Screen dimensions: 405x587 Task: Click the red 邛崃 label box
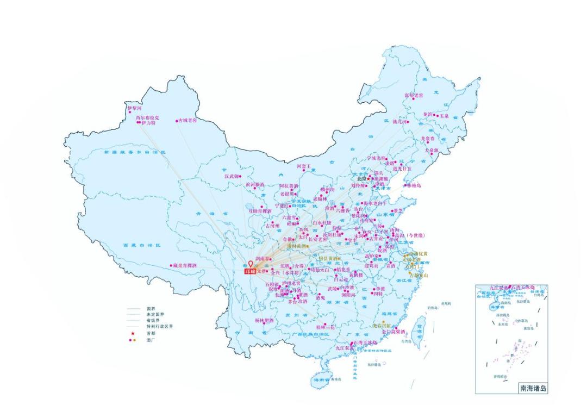click(250, 271)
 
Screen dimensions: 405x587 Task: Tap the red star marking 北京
click(369, 178)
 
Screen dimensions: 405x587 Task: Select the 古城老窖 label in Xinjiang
click(188, 121)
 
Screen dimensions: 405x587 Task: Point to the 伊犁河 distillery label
click(134, 108)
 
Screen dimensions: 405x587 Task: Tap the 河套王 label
click(303, 166)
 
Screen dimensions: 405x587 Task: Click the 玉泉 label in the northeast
click(444, 116)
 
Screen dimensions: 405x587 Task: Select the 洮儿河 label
click(400, 122)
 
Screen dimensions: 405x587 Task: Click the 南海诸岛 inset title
click(532, 388)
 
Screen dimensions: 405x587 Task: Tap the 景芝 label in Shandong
click(398, 210)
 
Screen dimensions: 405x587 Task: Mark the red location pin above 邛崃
click(251, 263)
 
